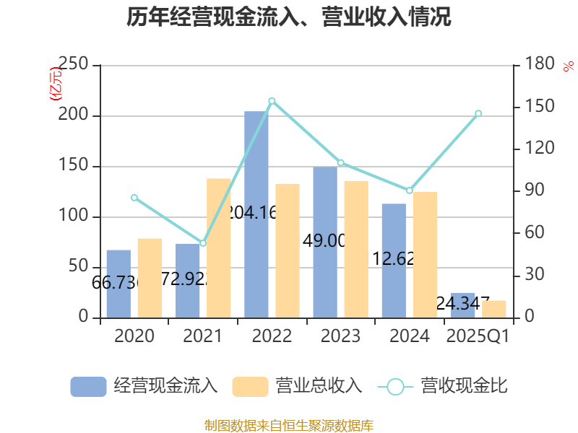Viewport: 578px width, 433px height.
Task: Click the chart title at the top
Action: pos(289,17)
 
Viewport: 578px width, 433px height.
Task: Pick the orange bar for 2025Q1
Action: pos(494,309)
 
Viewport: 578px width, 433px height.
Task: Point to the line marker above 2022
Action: pos(272,101)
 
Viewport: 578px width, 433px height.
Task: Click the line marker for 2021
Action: pos(203,243)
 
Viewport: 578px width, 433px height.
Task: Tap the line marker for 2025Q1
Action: pos(478,113)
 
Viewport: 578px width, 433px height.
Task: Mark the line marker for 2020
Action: pos(134,198)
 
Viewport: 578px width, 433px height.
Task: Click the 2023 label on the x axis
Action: pos(340,336)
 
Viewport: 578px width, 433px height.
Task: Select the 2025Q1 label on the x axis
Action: pos(478,336)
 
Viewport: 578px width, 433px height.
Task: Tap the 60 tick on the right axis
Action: pos(532,233)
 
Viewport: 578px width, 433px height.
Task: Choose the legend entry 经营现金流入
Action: pos(144,386)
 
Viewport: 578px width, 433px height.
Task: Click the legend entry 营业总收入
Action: pos(297,386)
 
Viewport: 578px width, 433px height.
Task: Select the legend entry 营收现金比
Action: pos(442,386)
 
